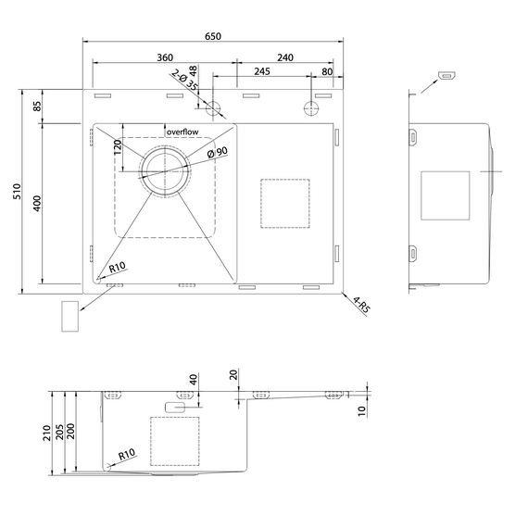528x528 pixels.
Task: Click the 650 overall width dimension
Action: (213, 36)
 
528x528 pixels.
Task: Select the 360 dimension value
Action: (165, 57)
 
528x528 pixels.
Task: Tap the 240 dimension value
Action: (285, 57)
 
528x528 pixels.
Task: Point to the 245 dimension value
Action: (262, 71)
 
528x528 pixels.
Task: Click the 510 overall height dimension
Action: (17, 191)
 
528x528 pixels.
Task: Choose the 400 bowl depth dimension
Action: (37, 204)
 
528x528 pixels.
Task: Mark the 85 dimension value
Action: (37, 107)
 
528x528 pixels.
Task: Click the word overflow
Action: (182, 132)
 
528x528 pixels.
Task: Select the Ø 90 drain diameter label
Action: (217, 153)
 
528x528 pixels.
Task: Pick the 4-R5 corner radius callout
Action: (361, 304)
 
